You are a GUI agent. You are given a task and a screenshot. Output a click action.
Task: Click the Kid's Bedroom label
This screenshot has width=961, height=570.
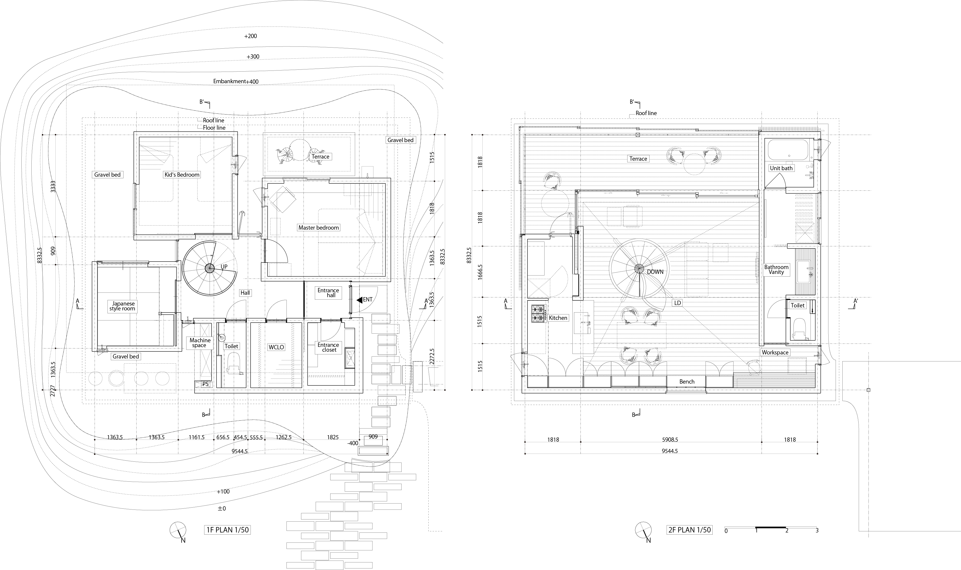pyautogui.click(x=182, y=175)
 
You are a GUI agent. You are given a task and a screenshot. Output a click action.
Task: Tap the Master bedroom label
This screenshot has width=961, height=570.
pyautogui.click(x=319, y=228)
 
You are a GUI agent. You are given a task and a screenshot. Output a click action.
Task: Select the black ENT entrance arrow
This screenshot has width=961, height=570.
pyautogui.click(x=359, y=300)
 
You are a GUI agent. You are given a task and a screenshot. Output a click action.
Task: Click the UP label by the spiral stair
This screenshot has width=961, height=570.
pyautogui.click(x=224, y=267)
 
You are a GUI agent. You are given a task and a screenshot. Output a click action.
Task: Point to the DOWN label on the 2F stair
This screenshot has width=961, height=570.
pyautogui.click(x=655, y=271)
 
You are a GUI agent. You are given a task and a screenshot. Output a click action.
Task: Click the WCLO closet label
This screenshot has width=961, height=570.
pyautogui.click(x=276, y=347)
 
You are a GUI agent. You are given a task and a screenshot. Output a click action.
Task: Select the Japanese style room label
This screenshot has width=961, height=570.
pyautogui.click(x=122, y=306)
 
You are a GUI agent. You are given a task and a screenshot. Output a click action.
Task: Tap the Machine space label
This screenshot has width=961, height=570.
pyautogui.click(x=200, y=343)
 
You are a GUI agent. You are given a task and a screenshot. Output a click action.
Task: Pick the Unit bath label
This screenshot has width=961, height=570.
pyautogui.click(x=781, y=168)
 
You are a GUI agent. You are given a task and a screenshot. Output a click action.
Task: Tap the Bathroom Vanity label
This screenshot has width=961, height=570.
pyautogui.click(x=776, y=269)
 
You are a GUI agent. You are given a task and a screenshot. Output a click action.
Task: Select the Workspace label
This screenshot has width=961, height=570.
pyautogui.click(x=775, y=352)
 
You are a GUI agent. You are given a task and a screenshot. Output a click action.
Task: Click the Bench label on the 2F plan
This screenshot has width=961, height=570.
pyautogui.click(x=687, y=381)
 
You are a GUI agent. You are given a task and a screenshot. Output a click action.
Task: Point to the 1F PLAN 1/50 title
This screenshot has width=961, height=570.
pyautogui.click(x=228, y=530)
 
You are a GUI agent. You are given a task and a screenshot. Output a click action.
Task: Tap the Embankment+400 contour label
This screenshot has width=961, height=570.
pyautogui.click(x=236, y=81)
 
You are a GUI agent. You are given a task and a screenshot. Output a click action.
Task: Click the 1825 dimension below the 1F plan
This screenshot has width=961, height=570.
pyautogui.click(x=332, y=437)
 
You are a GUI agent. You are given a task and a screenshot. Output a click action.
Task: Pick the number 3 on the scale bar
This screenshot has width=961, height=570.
pyautogui.click(x=817, y=531)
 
